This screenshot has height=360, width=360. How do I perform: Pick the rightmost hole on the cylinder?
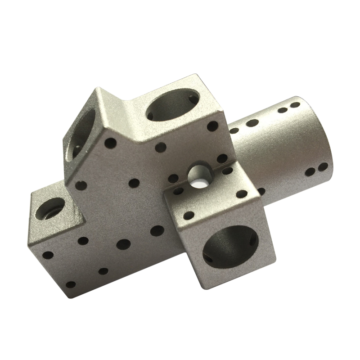point(324,167)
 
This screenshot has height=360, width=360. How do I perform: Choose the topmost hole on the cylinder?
point(295,105)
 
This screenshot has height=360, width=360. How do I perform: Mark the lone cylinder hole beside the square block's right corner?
point(261,191)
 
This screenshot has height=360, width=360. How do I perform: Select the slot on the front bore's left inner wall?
point(207,258)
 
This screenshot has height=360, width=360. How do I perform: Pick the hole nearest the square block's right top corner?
point(242,194)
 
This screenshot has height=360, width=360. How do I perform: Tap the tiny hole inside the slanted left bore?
point(77,146)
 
